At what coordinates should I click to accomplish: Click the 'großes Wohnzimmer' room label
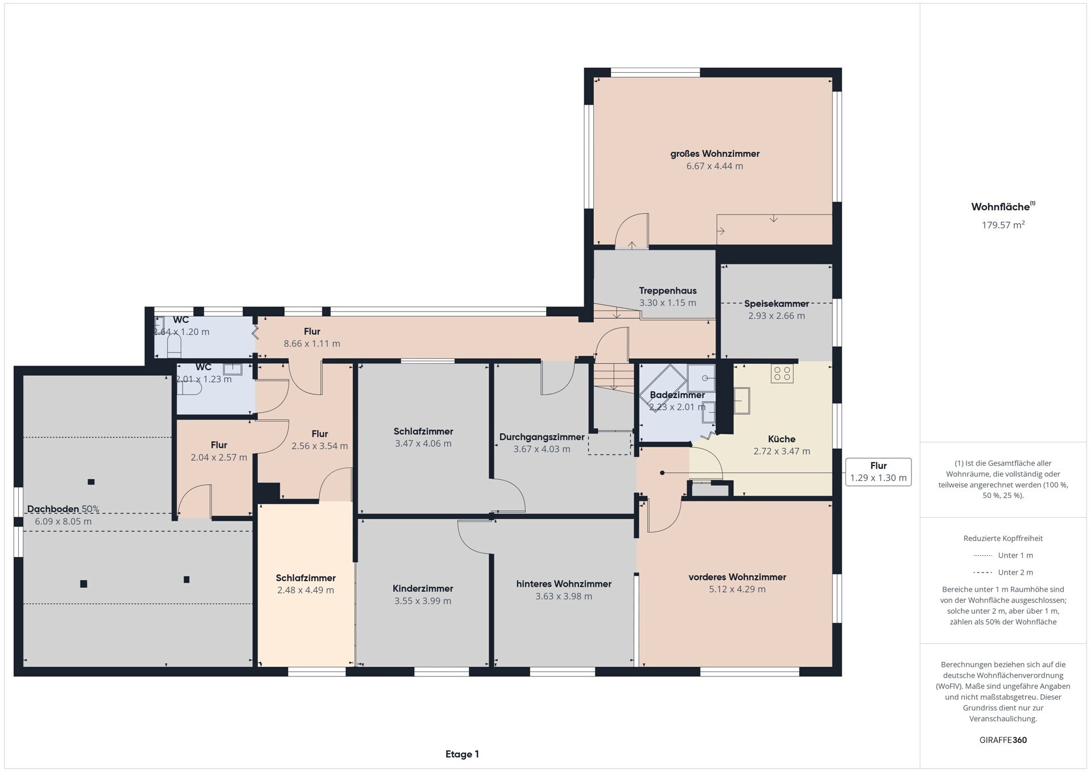click(715, 153)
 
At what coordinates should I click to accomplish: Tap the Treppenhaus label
click(668, 290)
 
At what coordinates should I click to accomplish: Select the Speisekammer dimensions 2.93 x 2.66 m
click(776, 316)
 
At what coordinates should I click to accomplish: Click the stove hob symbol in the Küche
click(782, 373)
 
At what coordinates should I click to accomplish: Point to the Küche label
click(781, 439)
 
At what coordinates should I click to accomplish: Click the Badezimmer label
click(677, 395)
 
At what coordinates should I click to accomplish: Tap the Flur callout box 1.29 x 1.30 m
click(878, 472)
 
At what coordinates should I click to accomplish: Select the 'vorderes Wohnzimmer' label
click(737, 577)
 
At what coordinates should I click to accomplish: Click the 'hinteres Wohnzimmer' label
click(564, 584)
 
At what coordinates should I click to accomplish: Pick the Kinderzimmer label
click(423, 588)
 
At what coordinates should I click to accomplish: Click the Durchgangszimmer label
click(542, 437)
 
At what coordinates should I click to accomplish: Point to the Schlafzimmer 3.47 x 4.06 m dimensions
click(423, 444)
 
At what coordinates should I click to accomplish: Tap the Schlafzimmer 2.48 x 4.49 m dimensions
click(306, 591)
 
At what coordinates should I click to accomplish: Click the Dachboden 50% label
click(63, 509)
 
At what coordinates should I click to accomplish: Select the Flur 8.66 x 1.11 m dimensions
click(312, 344)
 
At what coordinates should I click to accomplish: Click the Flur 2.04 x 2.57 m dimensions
click(219, 458)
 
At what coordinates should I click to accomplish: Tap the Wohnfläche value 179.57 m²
click(1003, 225)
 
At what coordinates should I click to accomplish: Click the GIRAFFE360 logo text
click(1003, 740)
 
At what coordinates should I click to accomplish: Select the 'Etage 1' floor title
click(462, 754)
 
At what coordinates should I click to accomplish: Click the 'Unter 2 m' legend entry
click(1003, 572)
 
